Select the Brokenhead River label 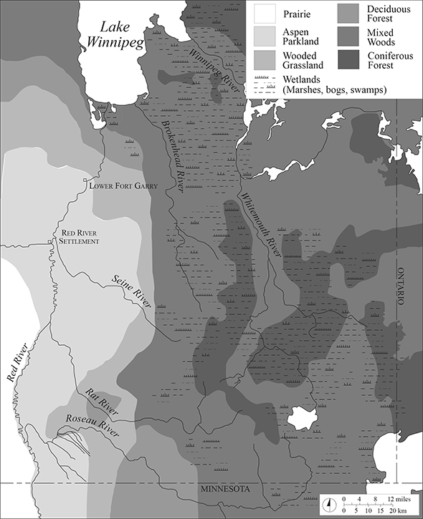pyautogui.click(x=176, y=154)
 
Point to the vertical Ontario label pyautogui.click(x=401, y=286)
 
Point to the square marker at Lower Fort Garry pyautogui.click(x=85, y=180)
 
